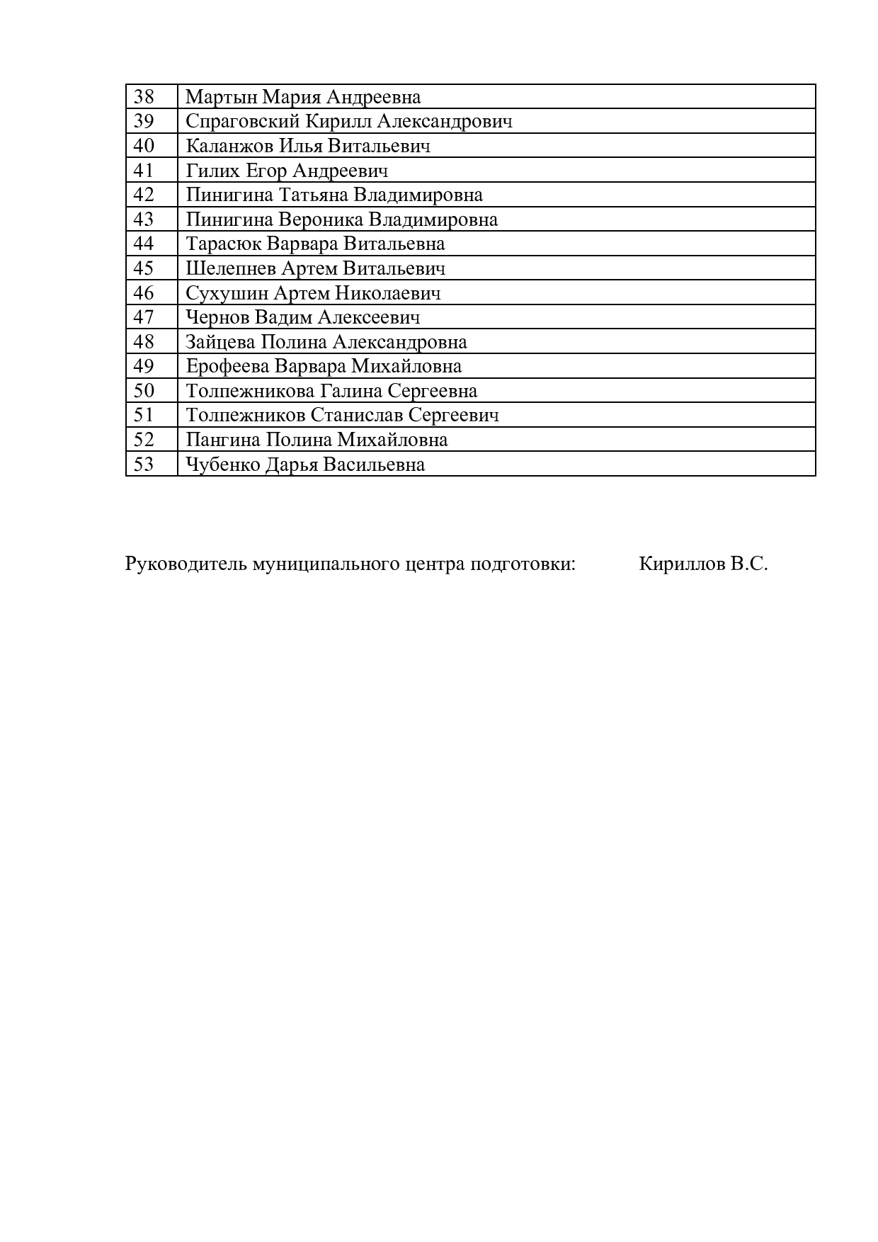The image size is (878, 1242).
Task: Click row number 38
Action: click(144, 96)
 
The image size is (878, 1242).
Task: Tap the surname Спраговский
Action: click(242, 122)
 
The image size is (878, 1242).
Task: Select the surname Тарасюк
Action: click(224, 244)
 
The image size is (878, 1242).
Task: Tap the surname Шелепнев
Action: click(231, 268)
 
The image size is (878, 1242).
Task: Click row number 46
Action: click(144, 292)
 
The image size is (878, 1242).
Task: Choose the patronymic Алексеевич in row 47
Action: click(368, 317)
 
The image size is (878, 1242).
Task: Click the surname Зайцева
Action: click(220, 342)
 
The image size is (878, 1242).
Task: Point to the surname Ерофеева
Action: click(227, 366)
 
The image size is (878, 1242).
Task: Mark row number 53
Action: click(144, 465)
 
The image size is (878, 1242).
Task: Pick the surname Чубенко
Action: click(222, 465)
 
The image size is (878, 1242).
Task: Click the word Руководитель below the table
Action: click(186, 564)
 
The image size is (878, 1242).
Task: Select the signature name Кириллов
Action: click(682, 564)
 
